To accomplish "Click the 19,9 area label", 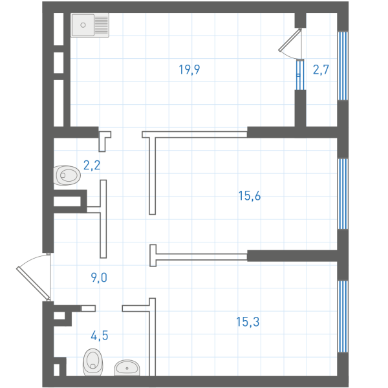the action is click(189, 70).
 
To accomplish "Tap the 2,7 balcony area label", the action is click(321, 70).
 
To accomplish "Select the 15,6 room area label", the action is click(250, 196).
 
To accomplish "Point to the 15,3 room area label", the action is click(248, 322).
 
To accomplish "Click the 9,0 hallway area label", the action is click(99, 277).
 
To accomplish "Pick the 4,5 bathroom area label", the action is click(100, 336).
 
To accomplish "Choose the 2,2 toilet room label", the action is click(92, 166).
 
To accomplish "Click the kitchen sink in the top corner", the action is click(90, 25).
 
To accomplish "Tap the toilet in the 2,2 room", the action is click(67, 175).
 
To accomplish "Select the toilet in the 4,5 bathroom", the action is click(92, 362).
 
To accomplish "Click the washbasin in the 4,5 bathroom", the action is click(127, 368).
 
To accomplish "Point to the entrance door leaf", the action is click(34, 283).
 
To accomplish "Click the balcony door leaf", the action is click(290, 40).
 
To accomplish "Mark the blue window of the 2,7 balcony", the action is click(343, 66).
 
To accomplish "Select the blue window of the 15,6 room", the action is click(343, 194).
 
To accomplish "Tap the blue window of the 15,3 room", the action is click(343, 316).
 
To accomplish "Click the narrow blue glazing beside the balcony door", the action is click(300, 75).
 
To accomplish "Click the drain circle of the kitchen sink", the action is click(83, 25).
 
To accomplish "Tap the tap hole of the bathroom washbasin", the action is click(127, 369).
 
